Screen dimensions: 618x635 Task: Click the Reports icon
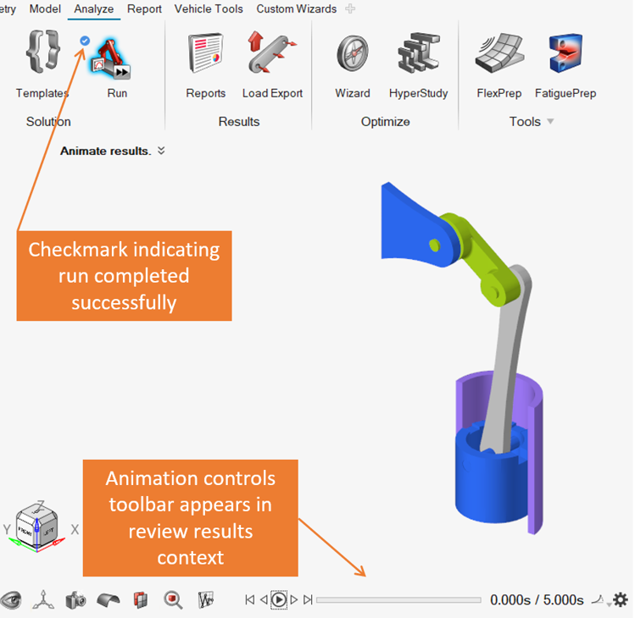click(205, 54)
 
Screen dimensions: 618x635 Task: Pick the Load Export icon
click(272, 52)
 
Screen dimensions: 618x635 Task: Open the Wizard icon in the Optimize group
click(352, 54)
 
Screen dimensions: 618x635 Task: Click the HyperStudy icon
click(418, 54)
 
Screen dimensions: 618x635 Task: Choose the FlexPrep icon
click(499, 54)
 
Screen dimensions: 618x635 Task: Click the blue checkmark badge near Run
click(85, 40)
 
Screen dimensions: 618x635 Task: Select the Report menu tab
click(144, 9)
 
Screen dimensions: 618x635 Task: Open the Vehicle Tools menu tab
click(209, 9)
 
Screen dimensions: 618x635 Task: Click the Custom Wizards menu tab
click(296, 9)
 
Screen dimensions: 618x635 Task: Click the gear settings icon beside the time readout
click(621, 599)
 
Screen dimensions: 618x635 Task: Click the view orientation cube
click(37, 522)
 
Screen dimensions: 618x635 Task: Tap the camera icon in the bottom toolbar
click(75, 599)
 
